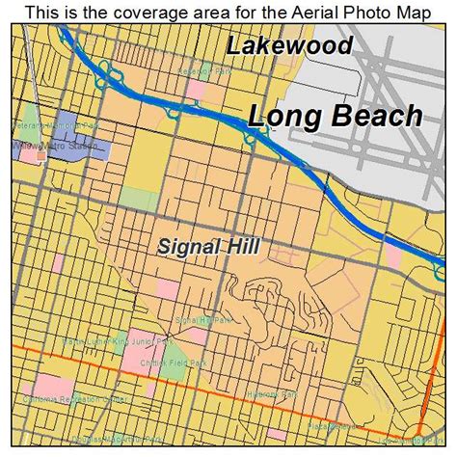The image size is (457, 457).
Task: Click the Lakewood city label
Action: (x=288, y=45)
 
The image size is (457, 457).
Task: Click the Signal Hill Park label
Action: (x=202, y=319)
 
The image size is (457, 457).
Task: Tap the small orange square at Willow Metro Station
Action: (x=40, y=152)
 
